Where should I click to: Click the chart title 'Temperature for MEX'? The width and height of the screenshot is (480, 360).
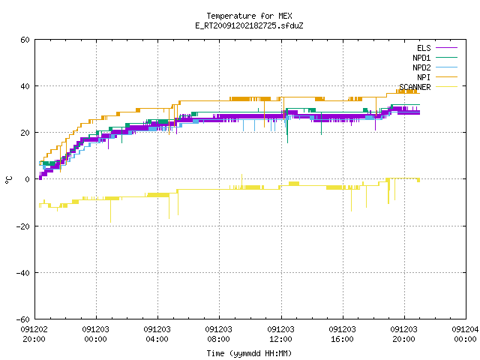click(x=249, y=16)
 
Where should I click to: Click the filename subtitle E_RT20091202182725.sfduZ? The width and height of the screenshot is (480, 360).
click(x=249, y=25)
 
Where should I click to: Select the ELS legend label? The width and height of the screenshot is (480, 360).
click(x=424, y=48)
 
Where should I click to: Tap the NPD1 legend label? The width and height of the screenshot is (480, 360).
click(x=421, y=58)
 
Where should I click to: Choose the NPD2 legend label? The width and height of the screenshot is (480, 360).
click(x=421, y=67)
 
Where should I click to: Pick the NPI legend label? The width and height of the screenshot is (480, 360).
click(x=424, y=77)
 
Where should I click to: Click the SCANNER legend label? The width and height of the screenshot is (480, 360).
click(x=415, y=87)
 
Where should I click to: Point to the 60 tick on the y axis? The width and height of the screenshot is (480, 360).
click(x=25, y=40)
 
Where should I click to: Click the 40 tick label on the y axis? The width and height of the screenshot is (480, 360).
click(x=25, y=86)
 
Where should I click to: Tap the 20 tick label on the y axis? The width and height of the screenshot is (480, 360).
click(x=25, y=133)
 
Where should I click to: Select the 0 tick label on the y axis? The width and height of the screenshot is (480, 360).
click(x=28, y=179)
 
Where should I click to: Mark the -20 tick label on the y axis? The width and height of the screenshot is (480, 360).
click(x=23, y=226)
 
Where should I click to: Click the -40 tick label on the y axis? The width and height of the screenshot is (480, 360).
click(x=23, y=273)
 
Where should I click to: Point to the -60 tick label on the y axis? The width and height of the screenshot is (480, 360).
click(x=23, y=319)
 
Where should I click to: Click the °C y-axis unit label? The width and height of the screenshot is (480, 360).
click(x=8, y=180)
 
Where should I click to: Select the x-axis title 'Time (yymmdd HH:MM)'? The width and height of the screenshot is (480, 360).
click(x=249, y=353)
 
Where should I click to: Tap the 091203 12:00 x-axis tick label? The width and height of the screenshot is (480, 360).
click(x=280, y=334)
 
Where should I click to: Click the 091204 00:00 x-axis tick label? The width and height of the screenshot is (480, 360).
click(x=465, y=334)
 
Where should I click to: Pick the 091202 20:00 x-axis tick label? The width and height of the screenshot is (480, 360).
click(x=34, y=334)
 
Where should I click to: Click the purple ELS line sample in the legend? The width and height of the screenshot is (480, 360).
click(x=446, y=48)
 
